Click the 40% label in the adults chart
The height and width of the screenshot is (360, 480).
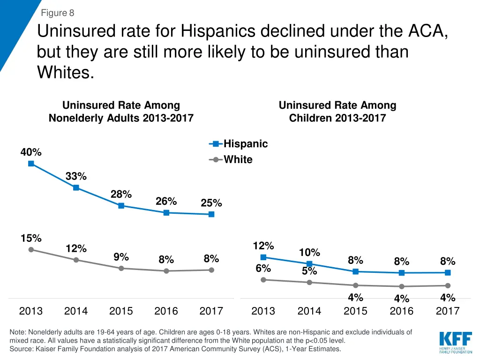tap(31, 152)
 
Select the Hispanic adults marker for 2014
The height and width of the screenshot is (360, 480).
tap(76, 188)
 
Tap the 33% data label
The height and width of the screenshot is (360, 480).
tap(76, 176)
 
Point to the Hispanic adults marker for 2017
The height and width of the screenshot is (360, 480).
tap(211, 214)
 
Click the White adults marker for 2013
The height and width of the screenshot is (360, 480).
tap(31, 250)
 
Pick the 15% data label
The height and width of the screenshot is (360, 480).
tap(31, 238)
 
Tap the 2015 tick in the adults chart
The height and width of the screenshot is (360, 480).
tap(121, 311)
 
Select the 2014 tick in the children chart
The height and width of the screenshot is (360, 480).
tap(309, 311)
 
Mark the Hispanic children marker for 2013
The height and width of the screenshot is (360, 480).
tap(263, 257)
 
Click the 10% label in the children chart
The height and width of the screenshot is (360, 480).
tap(309, 253)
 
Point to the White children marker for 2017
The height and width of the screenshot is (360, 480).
tap(448, 285)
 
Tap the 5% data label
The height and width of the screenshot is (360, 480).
tap(309, 271)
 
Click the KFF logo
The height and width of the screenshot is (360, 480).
tap(453, 342)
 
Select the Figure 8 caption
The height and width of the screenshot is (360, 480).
tap(58, 13)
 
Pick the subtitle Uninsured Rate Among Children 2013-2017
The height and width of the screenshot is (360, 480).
tap(337, 112)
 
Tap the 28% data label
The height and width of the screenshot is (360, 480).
tap(121, 194)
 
